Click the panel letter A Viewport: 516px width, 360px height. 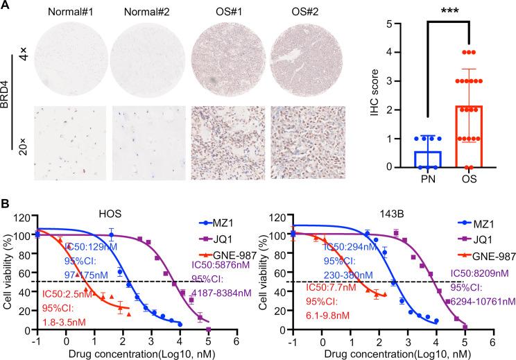click(x=6, y=6)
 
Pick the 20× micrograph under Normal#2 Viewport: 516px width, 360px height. click(x=149, y=140)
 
